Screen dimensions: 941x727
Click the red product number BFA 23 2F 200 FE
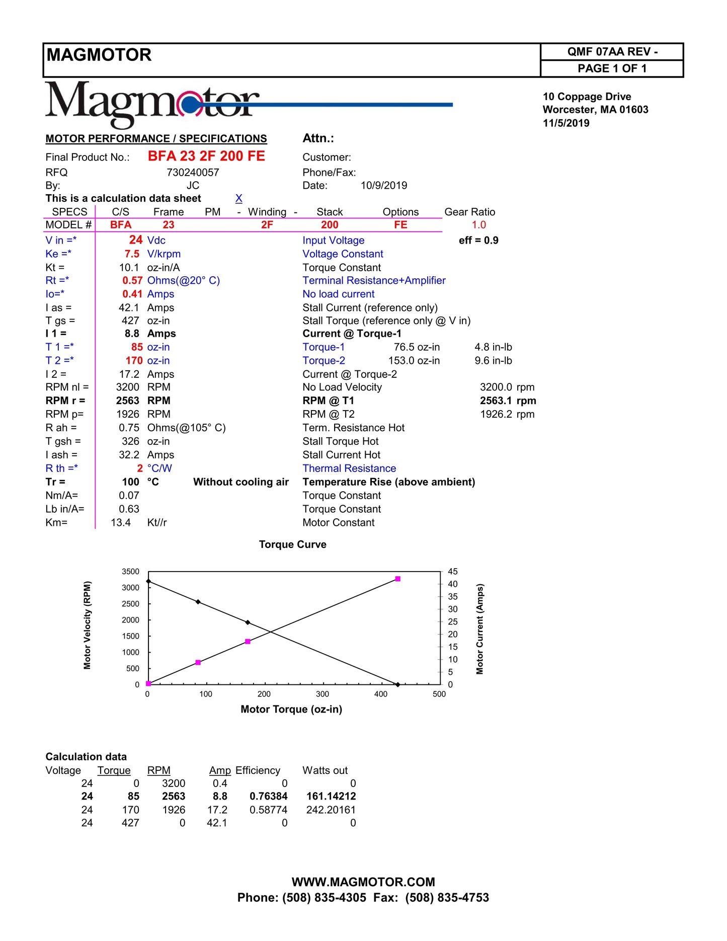coord(206,156)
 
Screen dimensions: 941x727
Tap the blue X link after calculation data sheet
coord(239,199)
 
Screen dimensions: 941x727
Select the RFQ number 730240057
coord(193,173)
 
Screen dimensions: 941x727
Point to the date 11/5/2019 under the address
coord(566,123)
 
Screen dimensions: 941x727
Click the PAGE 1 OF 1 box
coord(612,68)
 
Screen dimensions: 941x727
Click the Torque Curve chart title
coord(292,544)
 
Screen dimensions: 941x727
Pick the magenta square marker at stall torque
coord(397,579)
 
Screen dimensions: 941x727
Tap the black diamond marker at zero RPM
coord(397,684)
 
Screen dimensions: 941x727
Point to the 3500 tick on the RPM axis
coord(131,572)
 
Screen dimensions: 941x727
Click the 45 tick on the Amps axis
coord(453,572)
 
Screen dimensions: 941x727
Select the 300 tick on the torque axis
coord(322,694)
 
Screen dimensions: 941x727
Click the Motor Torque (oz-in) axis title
coord(291,710)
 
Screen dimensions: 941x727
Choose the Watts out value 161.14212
coord(331,797)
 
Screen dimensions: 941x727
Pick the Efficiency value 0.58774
coord(269,810)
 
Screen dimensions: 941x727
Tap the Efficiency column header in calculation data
coord(258,770)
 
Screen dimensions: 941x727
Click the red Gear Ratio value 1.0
coord(479,225)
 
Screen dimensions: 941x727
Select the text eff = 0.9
coord(478,241)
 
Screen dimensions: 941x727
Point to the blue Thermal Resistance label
coord(349,468)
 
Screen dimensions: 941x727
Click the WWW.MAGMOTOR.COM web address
coord(363,882)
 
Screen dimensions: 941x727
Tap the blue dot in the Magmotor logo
coord(190,105)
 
